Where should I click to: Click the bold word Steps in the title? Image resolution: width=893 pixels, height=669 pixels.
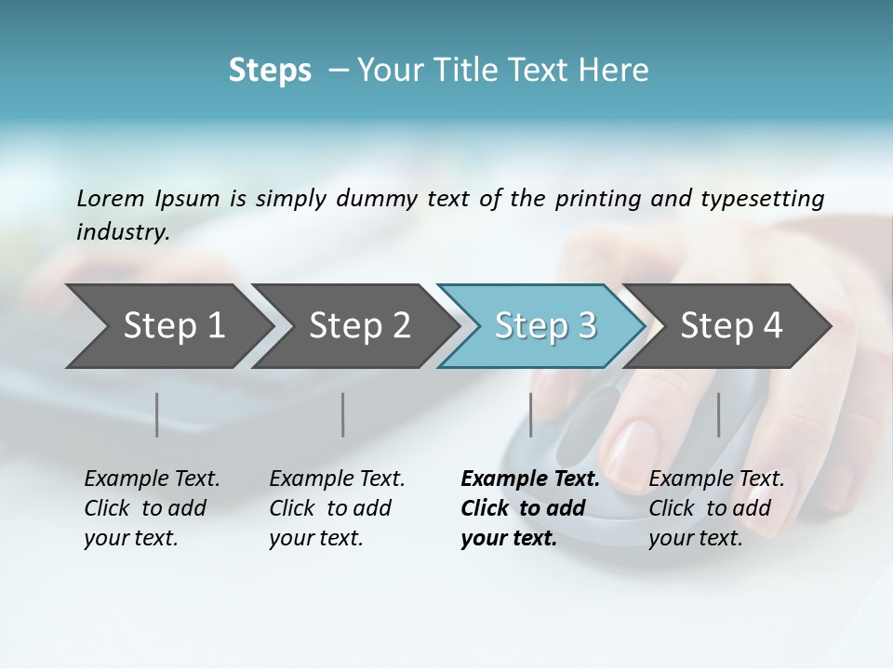[x=270, y=71]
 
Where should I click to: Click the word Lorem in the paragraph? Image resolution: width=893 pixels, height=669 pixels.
[x=110, y=198]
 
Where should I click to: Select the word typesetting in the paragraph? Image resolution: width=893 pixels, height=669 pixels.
[x=762, y=199]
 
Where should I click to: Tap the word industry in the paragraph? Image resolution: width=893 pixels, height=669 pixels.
[x=122, y=231]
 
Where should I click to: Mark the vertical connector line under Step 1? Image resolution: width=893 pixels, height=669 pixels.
[x=157, y=414]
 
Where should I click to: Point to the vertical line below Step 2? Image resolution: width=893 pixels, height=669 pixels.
[x=343, y=414]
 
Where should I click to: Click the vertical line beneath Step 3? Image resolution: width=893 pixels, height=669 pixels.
[x=531, y=414]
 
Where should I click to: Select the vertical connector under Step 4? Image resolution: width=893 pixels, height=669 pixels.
[x=719, y=414]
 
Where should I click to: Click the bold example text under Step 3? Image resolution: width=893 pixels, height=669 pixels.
[x=529, y=508]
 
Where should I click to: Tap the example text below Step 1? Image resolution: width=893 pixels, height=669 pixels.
[x=151, y=508]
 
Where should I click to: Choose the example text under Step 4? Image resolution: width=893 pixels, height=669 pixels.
[x=715, y=508]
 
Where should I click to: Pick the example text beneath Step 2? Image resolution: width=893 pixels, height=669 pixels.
[x=336, y=508]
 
